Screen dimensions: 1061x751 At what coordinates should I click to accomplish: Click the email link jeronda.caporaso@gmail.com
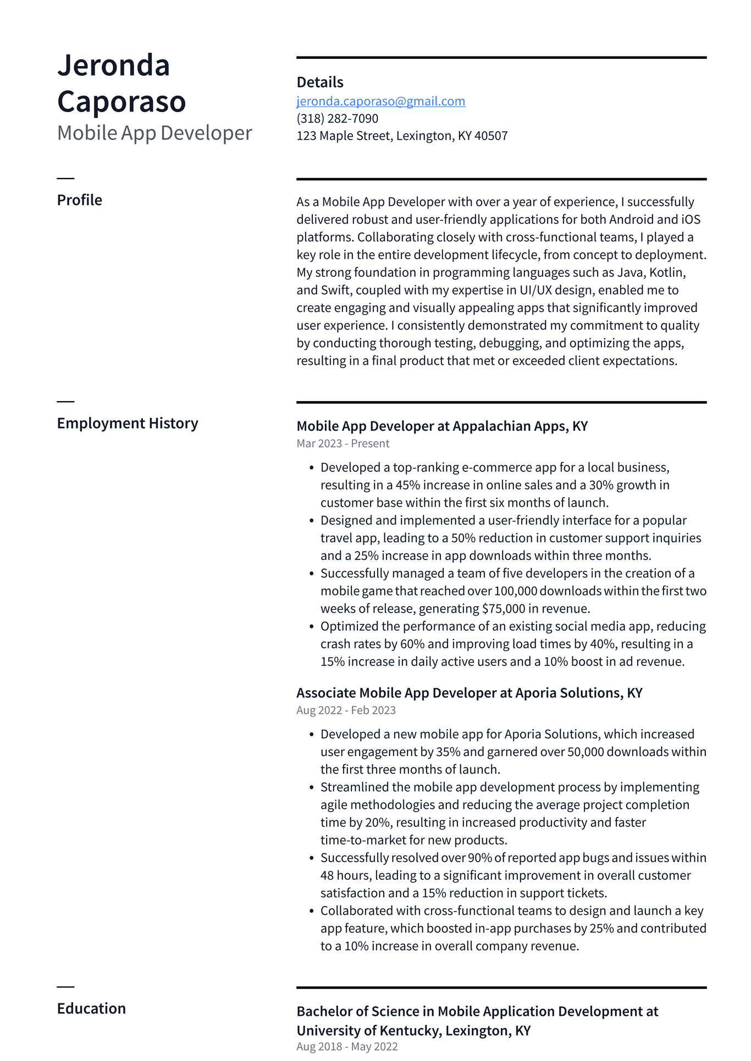[380, 101]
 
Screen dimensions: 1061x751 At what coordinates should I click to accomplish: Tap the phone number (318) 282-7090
[337, 119]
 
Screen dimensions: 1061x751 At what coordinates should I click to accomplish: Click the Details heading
[319, 82]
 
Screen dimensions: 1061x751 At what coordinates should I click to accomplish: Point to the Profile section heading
[79, 200]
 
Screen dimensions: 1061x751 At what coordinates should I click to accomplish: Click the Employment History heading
[127, 423]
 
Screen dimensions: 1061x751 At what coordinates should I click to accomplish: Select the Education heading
[91, 1008]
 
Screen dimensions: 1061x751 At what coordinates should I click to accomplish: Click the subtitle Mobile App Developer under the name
[154, 133]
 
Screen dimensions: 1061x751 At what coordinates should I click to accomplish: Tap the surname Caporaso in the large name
[122, 102]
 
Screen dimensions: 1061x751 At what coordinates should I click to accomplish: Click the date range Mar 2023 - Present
[343, 443]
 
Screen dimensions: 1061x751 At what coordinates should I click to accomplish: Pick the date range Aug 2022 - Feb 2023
[346, 710]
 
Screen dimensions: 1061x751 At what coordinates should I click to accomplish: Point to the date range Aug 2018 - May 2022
[346, 1046]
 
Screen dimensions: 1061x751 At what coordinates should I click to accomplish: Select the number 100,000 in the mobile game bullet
[515, 591]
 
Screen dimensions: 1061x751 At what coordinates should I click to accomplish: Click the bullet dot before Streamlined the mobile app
[311, 788]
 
